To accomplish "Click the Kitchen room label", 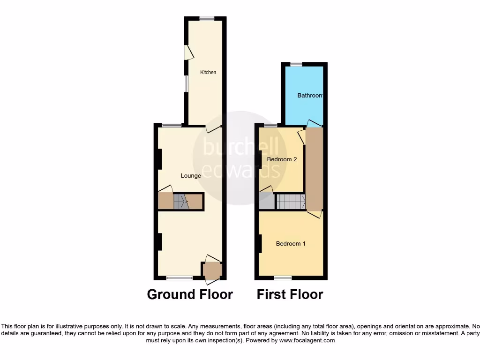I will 208,72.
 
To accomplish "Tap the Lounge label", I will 191,176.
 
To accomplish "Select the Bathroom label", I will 310,96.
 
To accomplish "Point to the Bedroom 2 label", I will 282,159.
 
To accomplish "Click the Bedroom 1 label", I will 291,244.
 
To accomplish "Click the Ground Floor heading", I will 190,294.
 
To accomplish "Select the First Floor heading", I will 290,294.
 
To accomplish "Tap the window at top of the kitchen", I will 206,19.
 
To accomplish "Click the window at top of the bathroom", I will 296,64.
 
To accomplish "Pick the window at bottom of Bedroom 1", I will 283,278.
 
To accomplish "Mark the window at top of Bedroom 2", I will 270,125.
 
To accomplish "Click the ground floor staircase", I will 181,202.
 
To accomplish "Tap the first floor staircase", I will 291,202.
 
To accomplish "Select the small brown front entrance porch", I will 212,270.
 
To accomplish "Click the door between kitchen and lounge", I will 214,128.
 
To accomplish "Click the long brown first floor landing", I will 314,169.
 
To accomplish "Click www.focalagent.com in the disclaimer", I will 307,340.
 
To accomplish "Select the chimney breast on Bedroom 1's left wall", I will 258,244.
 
